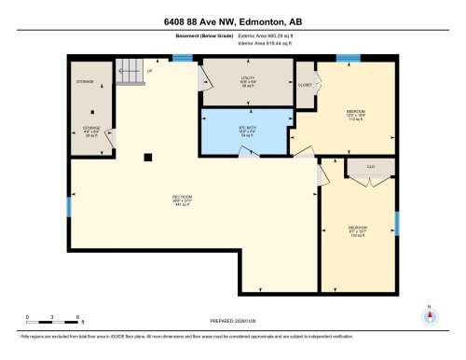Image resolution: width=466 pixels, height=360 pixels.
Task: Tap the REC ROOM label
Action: point(182,198)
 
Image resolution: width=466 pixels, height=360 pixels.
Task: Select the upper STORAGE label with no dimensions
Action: point(85,82)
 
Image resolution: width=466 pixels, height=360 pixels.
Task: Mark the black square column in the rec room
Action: point(147,157)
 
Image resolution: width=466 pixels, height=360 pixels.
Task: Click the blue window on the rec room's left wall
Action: point(69,206)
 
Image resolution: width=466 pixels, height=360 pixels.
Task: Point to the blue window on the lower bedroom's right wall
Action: point(397,224)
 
